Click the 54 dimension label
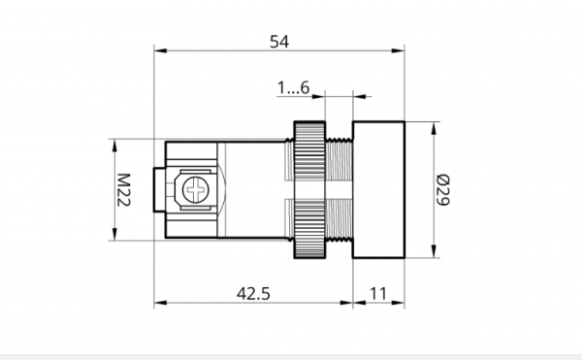[x=279, y=42]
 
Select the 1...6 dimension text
[x=293, y=88]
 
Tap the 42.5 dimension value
[x=253, y=294]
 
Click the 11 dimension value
[x=378, y=294]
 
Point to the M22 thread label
[x=123, y=189]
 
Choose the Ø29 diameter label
[x=443, y=189]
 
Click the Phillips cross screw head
[x=196, y=189]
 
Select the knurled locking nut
[x=309, y=189]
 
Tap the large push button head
[x=378, y=189]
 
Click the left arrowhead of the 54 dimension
[x=160, y=50]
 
